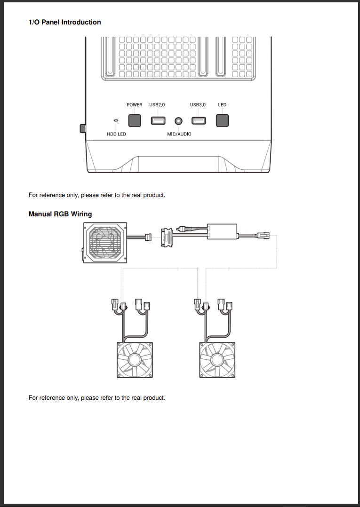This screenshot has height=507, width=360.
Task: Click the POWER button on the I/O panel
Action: pos(135,120)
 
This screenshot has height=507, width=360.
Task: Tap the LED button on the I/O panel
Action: pos(222,120)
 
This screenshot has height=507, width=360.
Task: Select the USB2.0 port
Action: pos(158,121)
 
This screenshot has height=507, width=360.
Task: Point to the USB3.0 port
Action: pos(198,121)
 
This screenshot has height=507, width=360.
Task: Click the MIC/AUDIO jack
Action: pos(178,121)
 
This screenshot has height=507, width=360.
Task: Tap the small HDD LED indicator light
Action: pos(116,121)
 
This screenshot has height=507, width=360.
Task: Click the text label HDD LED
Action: pos(116,134)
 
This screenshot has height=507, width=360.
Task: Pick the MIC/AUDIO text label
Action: pos(179,134)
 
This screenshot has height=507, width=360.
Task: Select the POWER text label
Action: pos(135,104)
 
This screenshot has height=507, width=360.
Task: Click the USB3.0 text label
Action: pos(198,104)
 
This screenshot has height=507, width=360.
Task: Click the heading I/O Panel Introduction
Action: pos(65,22)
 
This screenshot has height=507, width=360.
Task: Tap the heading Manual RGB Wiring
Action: pos(60,214)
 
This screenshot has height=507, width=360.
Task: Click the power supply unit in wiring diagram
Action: pos(105,243)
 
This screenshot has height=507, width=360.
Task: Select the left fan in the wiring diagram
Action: pos(135,360)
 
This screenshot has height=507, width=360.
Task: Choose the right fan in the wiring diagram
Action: pos(217,360)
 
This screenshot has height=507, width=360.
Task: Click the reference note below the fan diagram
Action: pos(97,398)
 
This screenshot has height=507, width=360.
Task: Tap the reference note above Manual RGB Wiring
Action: pos(97,195)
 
